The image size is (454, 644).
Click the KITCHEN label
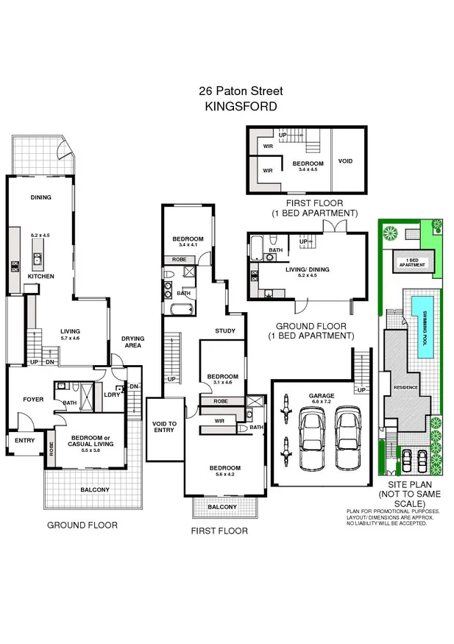(x=41, y=276)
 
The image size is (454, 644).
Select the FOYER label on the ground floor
(x=33, y=400)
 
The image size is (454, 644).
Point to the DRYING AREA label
(x=133, y=342)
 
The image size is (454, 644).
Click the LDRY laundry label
(x=113, y=394)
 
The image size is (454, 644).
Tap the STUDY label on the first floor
(x=225, y=331)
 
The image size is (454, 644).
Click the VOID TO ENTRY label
(x=164, y=426)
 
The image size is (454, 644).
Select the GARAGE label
(x=322, y=395)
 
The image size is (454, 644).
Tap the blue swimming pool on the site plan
(x=423, y=327)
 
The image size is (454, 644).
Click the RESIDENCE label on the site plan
(x=406, y=386)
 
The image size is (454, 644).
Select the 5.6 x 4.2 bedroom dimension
(x=224, y=475)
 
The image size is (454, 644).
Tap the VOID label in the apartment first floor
(x=345, y=161)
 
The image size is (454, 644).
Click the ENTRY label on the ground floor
(x=24, y=440)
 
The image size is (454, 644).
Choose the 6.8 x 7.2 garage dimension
(x=322, y=403)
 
